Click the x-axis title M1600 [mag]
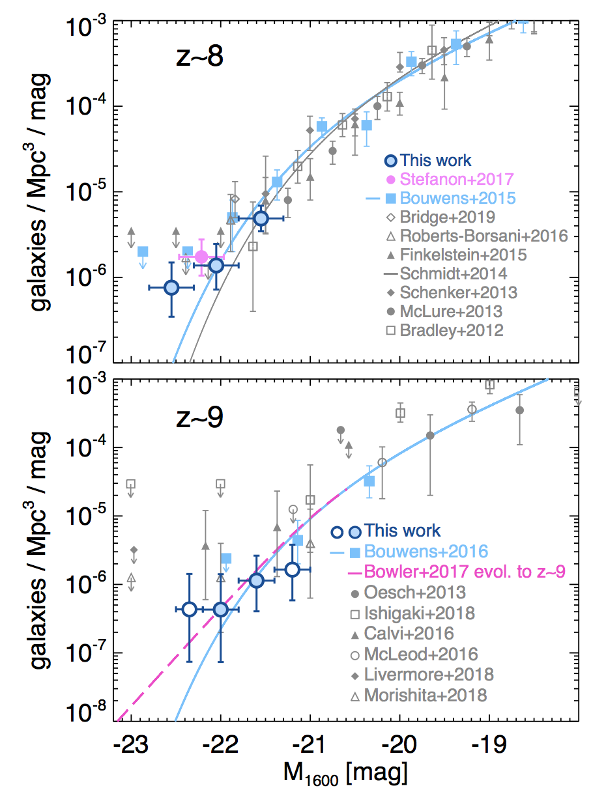point(345,775)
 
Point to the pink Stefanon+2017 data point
point(202,257)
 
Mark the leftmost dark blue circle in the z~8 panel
point(171,287)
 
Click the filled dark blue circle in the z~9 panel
point(256,580)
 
